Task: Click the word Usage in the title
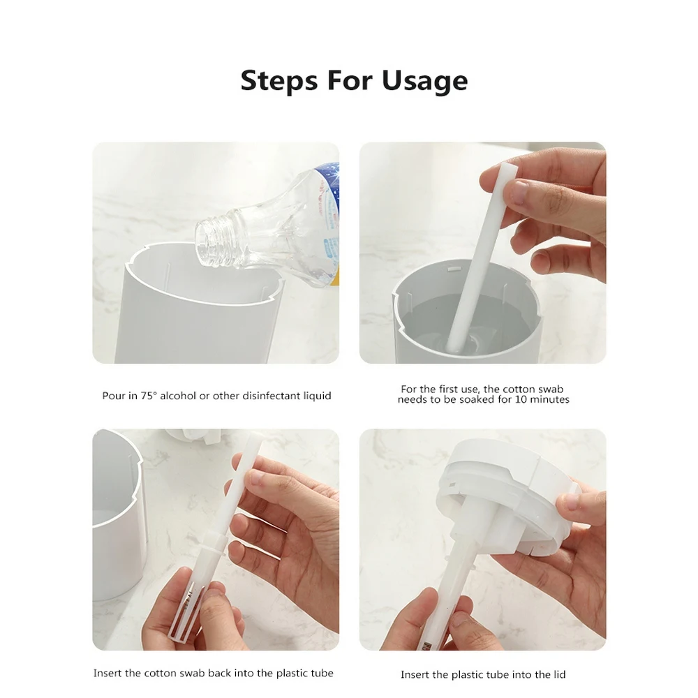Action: [424, 81]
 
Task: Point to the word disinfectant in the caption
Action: [273, 396]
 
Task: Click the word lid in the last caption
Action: [558, 674]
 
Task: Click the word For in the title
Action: [350, 81]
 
